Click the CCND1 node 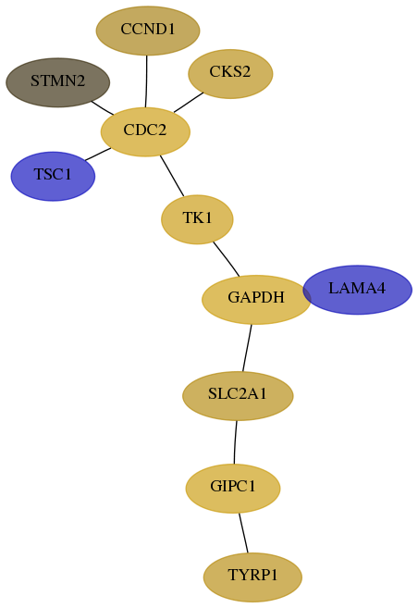pos(148,31)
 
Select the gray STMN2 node pos(57,82)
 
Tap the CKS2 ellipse pos(230,74)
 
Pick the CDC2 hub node pos(145,131)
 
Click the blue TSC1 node pos(53,176)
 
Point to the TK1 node pos(197,219)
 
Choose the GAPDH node pos(256,299)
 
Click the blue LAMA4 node pos(357,290)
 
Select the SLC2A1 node pos(238,395)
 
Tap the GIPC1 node pos(233,489)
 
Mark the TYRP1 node pos(252,577)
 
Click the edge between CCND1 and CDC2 pos(146,81)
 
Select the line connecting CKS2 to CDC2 pos(189,103)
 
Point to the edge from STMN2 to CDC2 pos(103,107)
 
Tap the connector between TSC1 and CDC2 pos(98,154)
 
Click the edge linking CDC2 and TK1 pos(172,176)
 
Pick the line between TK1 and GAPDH pos(227,259)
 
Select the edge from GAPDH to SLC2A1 pos(247,348)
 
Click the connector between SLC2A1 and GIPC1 pos(235,442)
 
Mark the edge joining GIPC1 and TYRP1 pos(243,533)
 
